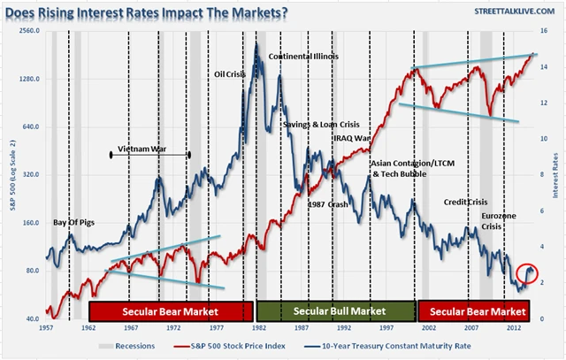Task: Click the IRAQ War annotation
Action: click(351, 139)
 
